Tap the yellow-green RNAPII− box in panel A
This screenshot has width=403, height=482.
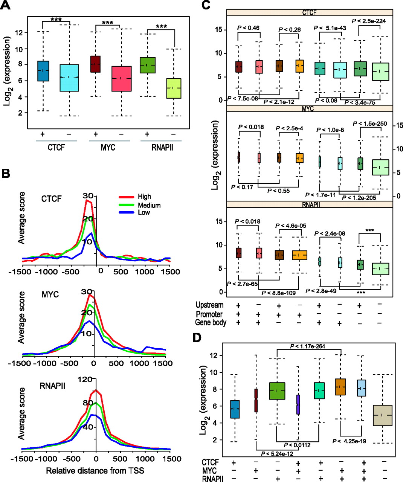173,88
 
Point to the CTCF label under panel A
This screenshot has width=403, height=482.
56,147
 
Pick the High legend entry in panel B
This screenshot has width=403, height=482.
144,197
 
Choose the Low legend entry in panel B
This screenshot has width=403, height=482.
143,212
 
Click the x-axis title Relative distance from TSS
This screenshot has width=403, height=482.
95,470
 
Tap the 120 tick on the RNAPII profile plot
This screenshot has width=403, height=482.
85,380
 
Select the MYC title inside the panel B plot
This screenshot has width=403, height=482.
50,294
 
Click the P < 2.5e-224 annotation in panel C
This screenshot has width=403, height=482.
369,21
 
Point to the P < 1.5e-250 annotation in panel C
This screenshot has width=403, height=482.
370,124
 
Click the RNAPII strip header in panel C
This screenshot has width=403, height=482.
310,204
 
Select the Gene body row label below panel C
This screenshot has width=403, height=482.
211,322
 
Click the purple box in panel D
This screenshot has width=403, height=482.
298,404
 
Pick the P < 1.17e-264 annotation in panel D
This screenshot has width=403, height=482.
307,346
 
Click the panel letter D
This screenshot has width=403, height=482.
197,338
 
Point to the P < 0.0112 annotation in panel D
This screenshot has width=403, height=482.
297,445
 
